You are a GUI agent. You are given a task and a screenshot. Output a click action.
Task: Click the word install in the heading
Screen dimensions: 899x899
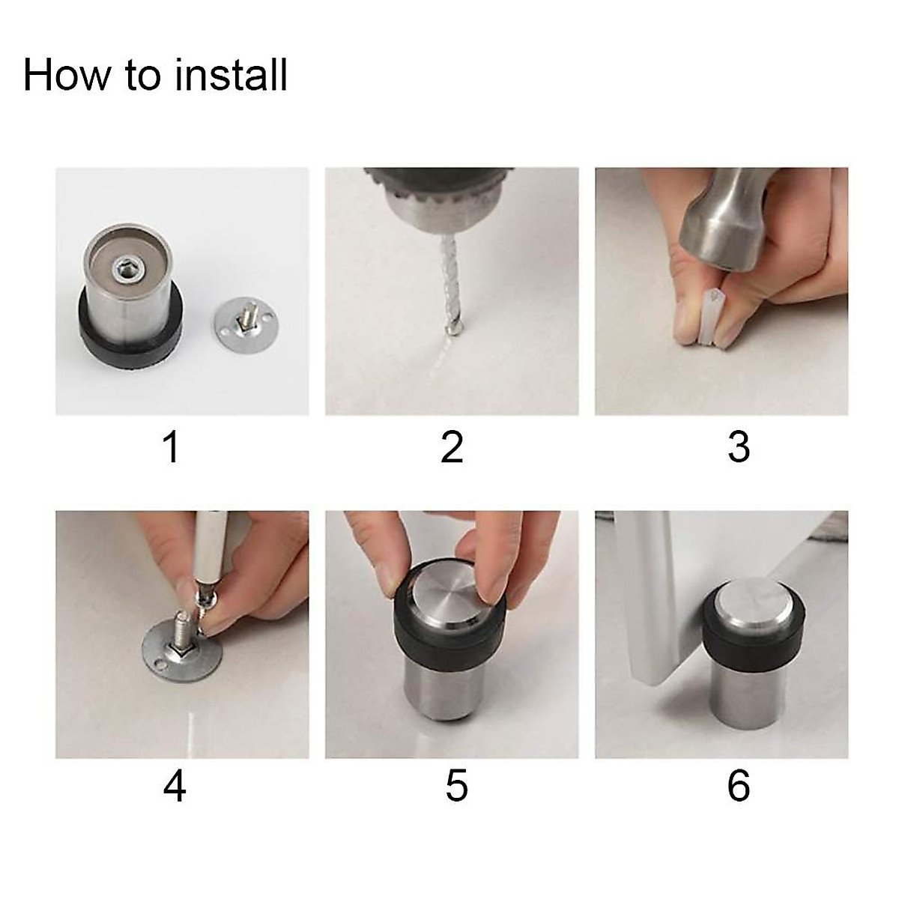tap(231, 75)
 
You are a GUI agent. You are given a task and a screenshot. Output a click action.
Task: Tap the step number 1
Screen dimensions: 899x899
tap(172, 447)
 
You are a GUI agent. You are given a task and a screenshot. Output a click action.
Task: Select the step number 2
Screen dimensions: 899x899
tap(452, 447)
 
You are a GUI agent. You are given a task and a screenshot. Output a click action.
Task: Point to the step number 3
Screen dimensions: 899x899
tap(739, 447)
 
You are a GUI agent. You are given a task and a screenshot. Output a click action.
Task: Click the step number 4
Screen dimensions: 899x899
tap(175, 786)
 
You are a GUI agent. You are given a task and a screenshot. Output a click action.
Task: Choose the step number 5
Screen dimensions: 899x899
tap(456, 786)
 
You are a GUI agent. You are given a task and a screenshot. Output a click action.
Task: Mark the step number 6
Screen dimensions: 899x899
tap(739, 786)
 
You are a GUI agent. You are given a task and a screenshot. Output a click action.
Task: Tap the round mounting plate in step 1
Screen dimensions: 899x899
tap(244, 323)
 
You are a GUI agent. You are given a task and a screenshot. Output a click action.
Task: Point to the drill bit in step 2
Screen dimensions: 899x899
tap(451, 285)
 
